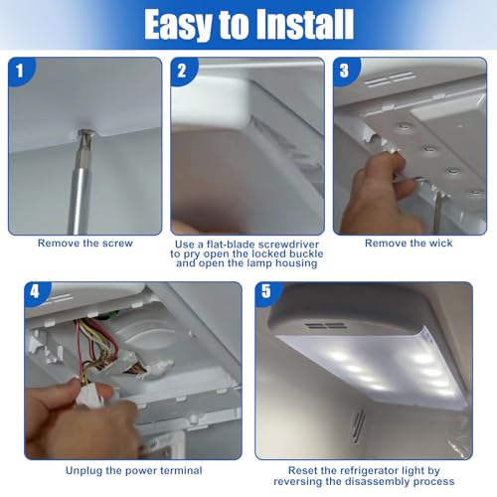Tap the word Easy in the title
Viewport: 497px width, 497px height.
click(178, 25)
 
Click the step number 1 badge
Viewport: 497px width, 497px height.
click(20, 71)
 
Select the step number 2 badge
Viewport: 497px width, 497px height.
click(182, 71)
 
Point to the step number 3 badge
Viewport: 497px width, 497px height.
click(344, 71)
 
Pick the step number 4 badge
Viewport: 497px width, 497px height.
click(35, 292)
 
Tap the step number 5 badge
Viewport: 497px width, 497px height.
click(266, 292)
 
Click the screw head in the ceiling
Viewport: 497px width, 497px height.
click(84, 133)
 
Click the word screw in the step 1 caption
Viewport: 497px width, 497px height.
click(117, 244)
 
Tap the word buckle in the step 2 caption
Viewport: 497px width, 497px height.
click(306, 253)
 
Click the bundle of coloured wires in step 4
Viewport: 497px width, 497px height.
click(97, 345)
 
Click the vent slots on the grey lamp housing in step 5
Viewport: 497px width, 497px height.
click(326, 326)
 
